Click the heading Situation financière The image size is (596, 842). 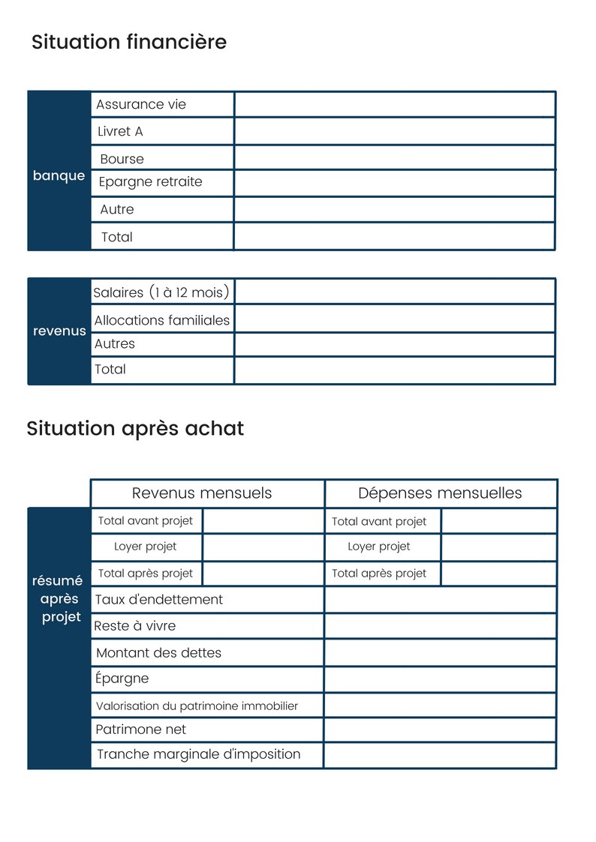[x=129, y=42]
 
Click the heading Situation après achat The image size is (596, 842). [x=135, y=429]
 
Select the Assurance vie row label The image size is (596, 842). [x=141, y=105]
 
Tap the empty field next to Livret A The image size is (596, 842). [x=395, y=132]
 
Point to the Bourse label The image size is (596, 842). [x=122, y=159]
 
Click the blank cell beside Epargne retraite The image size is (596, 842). [x=395, y=183]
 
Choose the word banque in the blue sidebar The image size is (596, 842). [x=59, y=176]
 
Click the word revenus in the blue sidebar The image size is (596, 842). [x=59, y=331]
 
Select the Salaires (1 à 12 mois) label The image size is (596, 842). [x=161, y=292]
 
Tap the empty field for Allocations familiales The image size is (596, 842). [x=395, y=319]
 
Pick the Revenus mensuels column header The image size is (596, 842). [x=202, y=493]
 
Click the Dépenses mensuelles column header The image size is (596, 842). [x=440, y=493]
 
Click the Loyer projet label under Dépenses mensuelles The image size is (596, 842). [x=379, y=547]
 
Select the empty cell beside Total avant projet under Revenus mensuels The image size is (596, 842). [x=263, y=521]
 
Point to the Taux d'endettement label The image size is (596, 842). [x=159, y=600]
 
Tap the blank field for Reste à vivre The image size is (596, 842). [x=440, y=626]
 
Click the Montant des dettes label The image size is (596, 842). [x=159, y=653]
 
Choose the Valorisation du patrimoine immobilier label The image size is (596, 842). [x=197, y=706]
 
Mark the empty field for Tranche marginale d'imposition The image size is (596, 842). [x=440, y=755]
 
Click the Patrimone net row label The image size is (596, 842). [x=141, y=730]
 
